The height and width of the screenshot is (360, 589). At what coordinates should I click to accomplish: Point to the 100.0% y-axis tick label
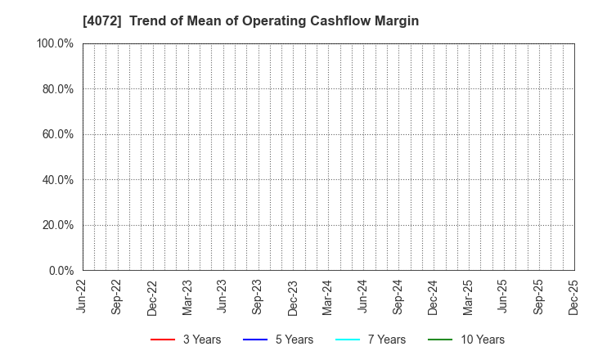tap(55, 43)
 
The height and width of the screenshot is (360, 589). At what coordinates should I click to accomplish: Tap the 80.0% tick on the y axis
tap(57, 89)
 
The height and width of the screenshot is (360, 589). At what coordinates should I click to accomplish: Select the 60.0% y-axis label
tap(57, 134)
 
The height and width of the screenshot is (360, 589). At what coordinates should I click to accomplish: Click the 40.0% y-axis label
tap(57, 180)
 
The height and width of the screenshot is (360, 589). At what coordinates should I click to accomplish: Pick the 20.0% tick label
tap(57, 225)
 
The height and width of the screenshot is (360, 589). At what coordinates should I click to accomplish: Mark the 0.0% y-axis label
tap(61, 271)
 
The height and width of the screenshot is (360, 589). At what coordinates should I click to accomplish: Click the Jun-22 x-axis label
tap(83, 297)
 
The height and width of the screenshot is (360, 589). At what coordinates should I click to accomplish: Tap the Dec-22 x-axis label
tap(153, 297)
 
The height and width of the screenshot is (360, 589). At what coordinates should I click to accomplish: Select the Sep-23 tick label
tap(258, 297)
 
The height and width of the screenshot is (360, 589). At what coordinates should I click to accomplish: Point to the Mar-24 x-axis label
tap(328, 297)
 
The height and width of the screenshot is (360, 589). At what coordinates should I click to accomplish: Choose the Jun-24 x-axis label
tap(363, 297)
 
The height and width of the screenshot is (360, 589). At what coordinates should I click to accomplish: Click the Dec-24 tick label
tap(434, 297)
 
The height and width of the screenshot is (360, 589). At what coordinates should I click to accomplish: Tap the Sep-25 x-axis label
tap(538, 297)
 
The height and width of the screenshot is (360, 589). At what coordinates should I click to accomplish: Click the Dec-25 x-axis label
tap(573, 297)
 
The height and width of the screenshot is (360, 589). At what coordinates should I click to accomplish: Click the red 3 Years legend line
tap(164, 340)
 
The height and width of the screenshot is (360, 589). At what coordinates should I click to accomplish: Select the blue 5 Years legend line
tap(256, 340)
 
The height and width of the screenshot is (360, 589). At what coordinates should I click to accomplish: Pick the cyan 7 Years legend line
tap(348, 340)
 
